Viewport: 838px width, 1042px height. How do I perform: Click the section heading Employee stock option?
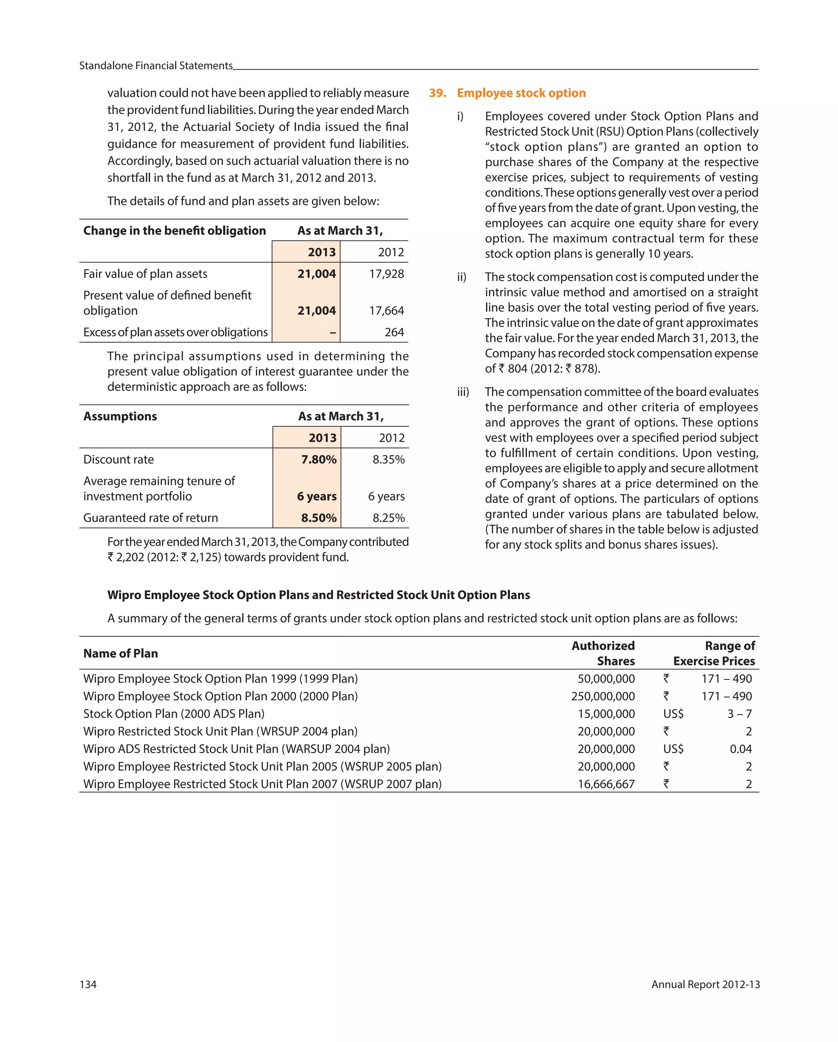pos(521,93)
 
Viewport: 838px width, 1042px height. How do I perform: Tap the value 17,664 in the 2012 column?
pos(386,310)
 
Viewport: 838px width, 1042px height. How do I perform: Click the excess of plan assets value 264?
pos(394,332)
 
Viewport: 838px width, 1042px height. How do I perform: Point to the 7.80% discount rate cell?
pos(318,459)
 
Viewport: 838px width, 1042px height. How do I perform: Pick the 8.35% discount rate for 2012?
pos(388,459)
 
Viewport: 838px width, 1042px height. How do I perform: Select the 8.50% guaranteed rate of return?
pos(318,518)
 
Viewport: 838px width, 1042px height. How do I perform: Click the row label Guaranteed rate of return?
pos(150,518)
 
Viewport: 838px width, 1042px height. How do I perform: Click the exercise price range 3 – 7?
pos(739,713)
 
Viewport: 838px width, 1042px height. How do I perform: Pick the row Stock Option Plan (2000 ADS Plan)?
pos(173,713)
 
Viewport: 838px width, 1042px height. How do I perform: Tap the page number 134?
pos(88,984)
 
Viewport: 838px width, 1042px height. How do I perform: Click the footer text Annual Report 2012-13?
pos(705,984)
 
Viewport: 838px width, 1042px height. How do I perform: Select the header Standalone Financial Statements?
pos(155,66)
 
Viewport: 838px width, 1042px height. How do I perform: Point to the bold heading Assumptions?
pos(120,416)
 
